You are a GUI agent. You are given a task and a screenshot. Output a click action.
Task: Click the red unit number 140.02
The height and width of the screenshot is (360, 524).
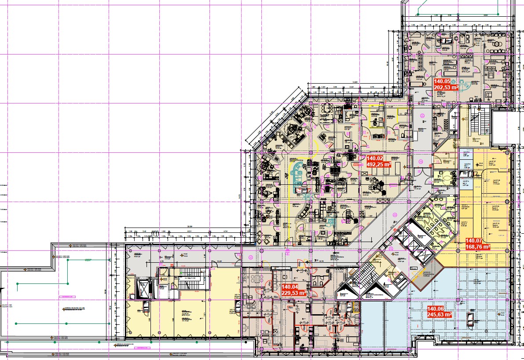coord(376,158)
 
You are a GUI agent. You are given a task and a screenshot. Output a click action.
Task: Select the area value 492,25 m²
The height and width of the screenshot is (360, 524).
coord(379,165)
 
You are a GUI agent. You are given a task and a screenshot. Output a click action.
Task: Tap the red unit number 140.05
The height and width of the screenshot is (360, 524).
coord(443,81)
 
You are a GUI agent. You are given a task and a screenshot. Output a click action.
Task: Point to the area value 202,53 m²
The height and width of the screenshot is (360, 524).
coord(446,88)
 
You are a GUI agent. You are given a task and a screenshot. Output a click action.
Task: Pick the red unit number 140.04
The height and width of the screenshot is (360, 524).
coord(290,287)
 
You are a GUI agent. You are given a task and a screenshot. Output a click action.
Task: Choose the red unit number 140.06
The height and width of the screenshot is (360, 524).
coord(436,309)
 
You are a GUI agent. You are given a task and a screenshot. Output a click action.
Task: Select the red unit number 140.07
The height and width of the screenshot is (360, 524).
coord(475,241)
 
